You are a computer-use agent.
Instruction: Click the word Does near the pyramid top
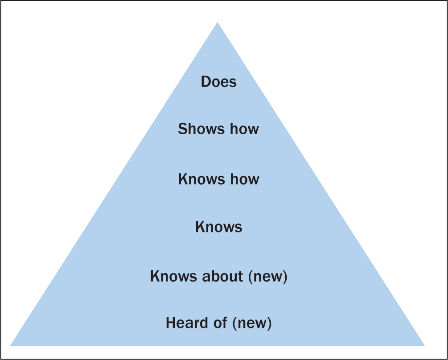click(218, 82)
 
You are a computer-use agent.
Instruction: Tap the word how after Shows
click(245, 128)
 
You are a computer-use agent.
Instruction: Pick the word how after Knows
click(245, 179)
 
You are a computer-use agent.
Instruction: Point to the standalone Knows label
click(219, 227)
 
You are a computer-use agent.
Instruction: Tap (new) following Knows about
click(268, 277)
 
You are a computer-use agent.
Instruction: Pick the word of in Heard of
click(221, 323)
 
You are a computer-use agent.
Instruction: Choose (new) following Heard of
click(252, 323)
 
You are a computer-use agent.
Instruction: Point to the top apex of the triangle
click(218, 22)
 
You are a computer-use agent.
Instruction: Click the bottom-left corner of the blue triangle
click(10, 346)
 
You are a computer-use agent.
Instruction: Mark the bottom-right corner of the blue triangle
click(424, 346)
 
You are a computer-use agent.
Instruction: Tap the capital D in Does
click(206, 82)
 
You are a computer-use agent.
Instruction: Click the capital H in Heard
click(171, 323)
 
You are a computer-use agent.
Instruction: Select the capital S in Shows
click(183, 128)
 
